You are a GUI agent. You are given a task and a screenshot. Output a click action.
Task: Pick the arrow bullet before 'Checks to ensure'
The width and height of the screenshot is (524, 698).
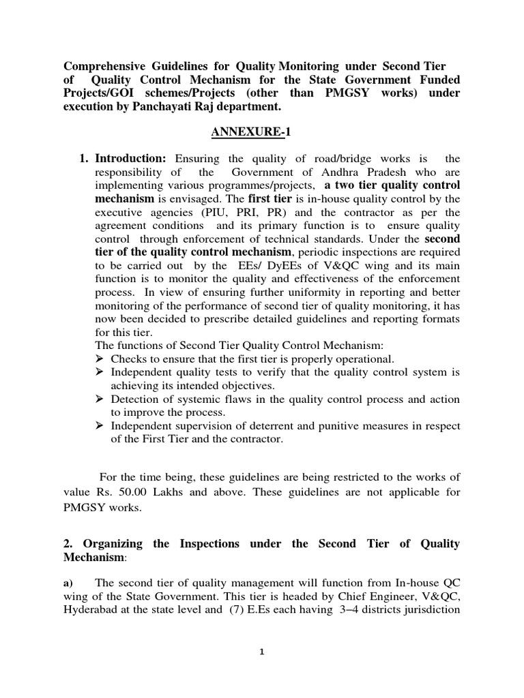coord(100,359)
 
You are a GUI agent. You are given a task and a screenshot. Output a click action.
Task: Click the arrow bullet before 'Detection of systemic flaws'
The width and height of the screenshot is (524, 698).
coord(100,399)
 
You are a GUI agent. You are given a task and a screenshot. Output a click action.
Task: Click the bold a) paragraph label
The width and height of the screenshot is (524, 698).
coord(68,583)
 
